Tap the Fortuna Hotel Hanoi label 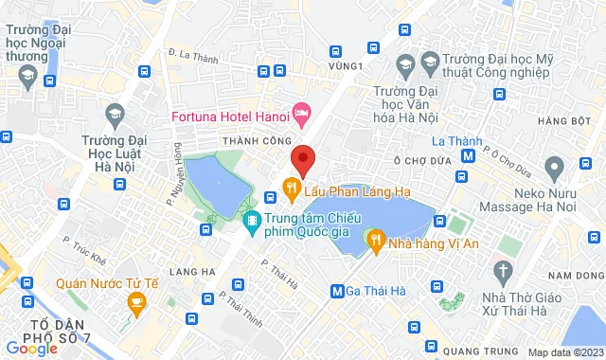230,117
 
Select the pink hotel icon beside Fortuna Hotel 301,117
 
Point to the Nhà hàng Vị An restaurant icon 376,241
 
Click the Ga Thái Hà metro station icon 337,290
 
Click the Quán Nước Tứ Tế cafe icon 136,302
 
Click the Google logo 31,349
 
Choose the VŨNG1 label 348,66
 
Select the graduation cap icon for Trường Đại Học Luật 116,114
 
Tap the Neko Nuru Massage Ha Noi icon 556,167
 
